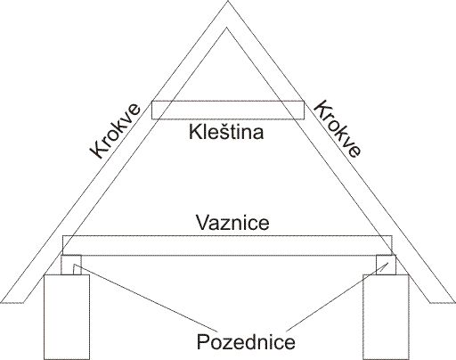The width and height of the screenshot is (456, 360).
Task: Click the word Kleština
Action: pyautogui.click(x=226, y=132)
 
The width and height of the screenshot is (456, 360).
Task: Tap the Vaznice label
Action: pyautogui.click(x=232, y=222)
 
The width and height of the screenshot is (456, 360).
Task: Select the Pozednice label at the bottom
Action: pyautogui.click(x=246, y=341)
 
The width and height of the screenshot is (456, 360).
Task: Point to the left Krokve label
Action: pyautogui.click(x=115, y=131)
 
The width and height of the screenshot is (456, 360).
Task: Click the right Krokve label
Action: pyautogui.click(x=338, y=128)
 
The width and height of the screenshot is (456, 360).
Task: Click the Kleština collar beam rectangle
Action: pyautogui.click(x=228, y=110)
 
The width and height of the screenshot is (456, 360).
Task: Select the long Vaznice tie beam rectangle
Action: pyautogui.click(x=227, y=246)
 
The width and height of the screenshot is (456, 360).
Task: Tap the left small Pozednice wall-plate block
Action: pyautogui.click(x=71, y=265)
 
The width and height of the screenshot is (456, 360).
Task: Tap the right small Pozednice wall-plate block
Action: pyautogui.click(x=386, y=265)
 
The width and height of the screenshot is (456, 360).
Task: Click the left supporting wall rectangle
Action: pyautogui.click(x=67, y=317)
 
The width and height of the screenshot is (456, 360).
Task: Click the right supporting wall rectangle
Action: pyautogui.click(x=387, y=317)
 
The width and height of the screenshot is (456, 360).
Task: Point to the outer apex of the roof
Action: pyautogui.click(x=228, y=1)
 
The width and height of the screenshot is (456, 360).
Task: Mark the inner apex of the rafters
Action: pyautogui.click(x=227, y=28)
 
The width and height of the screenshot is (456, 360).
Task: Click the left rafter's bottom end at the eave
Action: pyautogui.click(x=12, y=303)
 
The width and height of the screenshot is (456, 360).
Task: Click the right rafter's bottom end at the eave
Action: pyautogui.click(x=443, y=303)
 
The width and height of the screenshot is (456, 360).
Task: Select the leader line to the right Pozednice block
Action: pyautogui.click(x=338, y=298)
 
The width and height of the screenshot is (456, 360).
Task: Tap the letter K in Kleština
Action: pyautogui.click(x=194, y=132)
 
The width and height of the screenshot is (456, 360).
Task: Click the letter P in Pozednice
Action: pyautogui.click(x=202, y=341)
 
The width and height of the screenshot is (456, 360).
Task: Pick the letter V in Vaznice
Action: pyautogui.click(x=202, y=223)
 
